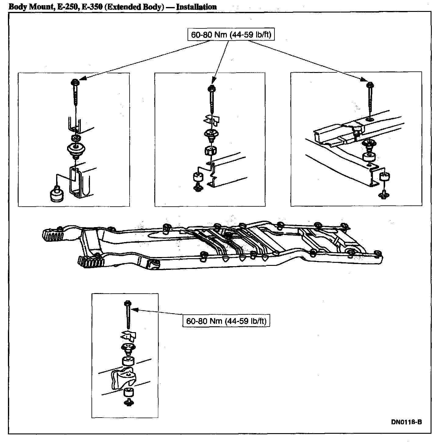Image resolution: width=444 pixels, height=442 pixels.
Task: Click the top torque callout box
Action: (231, 35)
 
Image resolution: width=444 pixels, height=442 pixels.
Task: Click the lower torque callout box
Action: (226, 321)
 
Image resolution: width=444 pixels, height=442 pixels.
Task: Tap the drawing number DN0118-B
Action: (406, 422)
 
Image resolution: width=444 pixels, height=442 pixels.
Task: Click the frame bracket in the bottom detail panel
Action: (123, 378)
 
